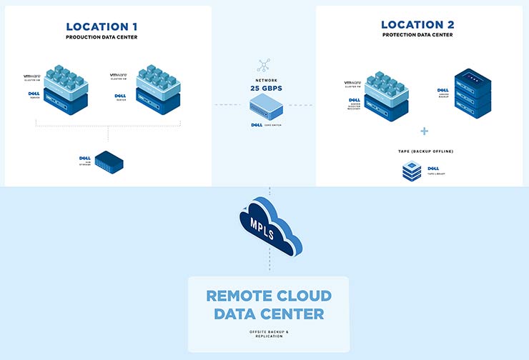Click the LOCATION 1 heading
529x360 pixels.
pyautogui.click(x=107, y=26)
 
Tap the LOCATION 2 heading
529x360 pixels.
pyautogui.click(x=418, y=25)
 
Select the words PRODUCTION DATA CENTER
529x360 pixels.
pyautogui.click(x=107, y=36)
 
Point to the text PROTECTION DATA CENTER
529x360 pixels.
pyautogui.click(x=418, y=35)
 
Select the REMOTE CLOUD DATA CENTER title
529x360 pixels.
pyautogui.click(x=268, y=304)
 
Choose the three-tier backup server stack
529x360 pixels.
pyautogui.click(x=473, y=93)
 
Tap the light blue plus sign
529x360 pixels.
pyautogui.click(x=424, y=131)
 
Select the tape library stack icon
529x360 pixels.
pyautogui.click(x=411, y=171)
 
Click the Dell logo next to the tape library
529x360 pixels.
pyautogui.click(x=432, y=168)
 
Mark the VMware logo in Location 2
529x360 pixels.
pyautogui.click(x=353, y=84)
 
